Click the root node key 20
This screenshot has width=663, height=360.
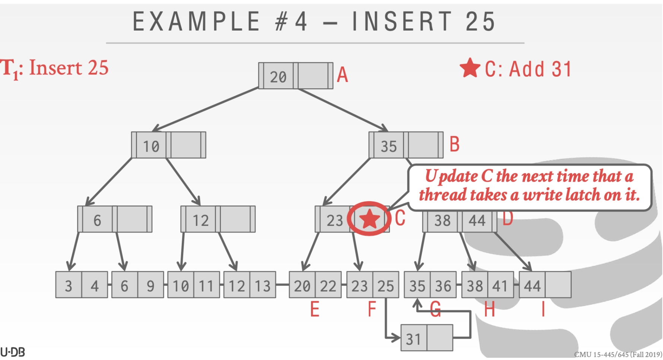click(x=278, y=77)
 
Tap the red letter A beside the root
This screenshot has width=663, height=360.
click(x=342, y=75)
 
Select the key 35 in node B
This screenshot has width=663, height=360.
click(x=388, y=146)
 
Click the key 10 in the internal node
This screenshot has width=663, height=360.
click(x=151, y=146)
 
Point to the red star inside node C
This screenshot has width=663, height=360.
click(x=369, y=219)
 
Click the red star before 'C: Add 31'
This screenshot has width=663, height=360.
click(x=470, y=68)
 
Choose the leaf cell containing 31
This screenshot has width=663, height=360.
click(x=413, y=339)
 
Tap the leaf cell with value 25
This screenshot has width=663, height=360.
click(x=386, y=286)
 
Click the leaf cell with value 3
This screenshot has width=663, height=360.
click(x=69, y=286)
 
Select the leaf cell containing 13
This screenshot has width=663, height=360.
click(x=262, y=286)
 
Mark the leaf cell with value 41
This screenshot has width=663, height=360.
click(x=500, y=286)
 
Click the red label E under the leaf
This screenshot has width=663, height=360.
click(x=315, y=309)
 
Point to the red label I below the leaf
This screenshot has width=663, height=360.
click(x=543, y=309)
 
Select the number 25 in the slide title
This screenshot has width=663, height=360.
click(x=480, y=22)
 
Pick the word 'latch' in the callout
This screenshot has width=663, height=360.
click(x=585, y=195)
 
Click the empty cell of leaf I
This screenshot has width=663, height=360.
click(x=558, y=285)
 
